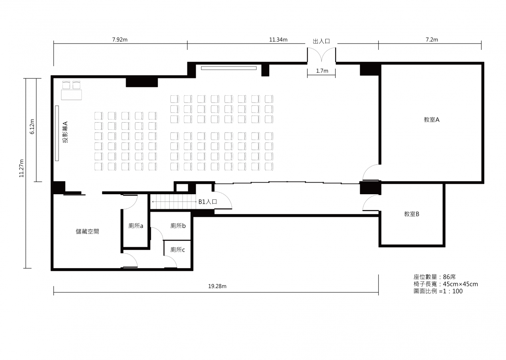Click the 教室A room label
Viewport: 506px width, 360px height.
point(431,119)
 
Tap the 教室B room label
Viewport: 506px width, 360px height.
point(412,214)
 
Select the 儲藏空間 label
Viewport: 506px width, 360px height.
point(87,231)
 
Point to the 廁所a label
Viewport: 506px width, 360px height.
point(136,225)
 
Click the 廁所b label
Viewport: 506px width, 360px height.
point(178,225)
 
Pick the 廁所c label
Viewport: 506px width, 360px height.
point(177,250)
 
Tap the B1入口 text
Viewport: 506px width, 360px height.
point(208,202)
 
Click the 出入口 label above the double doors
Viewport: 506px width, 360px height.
point(321,41)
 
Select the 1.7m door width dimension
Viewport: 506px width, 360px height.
point(322,71)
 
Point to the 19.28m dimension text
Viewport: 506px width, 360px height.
point(217,286)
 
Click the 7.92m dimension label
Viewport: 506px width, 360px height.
point(120,40)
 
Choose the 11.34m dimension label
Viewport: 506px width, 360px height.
point(278,40)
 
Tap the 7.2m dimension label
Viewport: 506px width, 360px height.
point(432,40)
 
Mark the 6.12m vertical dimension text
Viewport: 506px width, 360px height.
point(32,127)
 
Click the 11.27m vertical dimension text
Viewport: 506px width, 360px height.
point(21,168)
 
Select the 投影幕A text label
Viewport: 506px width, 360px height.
point(65,132)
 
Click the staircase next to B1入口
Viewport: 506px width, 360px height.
point(173,201)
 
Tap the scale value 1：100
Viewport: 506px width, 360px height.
point(453,291)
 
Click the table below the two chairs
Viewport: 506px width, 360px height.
point(72,95)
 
